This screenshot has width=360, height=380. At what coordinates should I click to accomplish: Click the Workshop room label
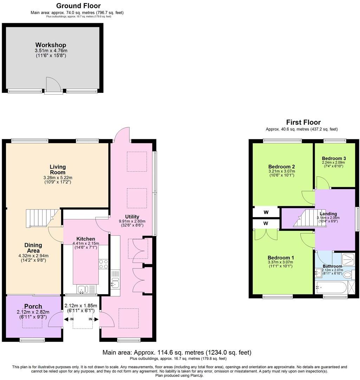pos(51,45)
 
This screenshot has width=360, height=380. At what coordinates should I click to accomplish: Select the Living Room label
pos(58,170)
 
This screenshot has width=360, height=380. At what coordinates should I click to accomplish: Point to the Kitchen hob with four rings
pos(104,264)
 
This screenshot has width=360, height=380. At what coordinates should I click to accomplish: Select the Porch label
pos(33,306)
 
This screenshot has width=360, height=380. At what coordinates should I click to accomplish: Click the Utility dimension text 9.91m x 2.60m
pos(132,221)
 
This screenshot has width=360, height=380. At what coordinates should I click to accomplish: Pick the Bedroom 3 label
pos(334,158)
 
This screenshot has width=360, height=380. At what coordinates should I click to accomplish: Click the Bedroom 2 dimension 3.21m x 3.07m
pos(281,171)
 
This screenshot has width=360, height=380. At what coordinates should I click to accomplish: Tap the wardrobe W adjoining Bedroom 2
pos(266,212)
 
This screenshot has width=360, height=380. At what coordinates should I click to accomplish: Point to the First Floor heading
pos(303,122)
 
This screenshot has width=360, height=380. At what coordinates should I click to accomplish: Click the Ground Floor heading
pos(78,6)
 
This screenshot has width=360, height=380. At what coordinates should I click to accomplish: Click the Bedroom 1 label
pos(281,257)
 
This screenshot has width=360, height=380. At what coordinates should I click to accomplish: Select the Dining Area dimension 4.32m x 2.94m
pos(33,256)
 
